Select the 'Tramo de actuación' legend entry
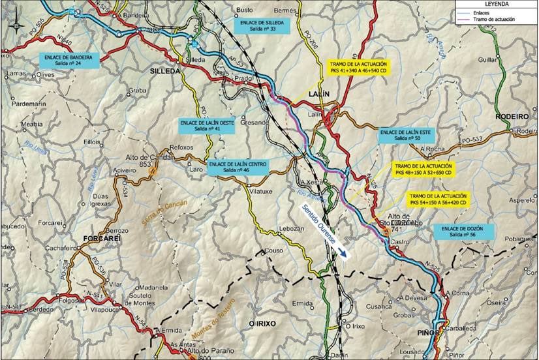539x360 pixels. tap(496, 20)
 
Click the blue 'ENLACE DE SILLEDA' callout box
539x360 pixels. tap(258, 25)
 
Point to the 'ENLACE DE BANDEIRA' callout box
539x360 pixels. tap(69, 60)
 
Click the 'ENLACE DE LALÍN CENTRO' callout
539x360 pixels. tap(237, 167)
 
